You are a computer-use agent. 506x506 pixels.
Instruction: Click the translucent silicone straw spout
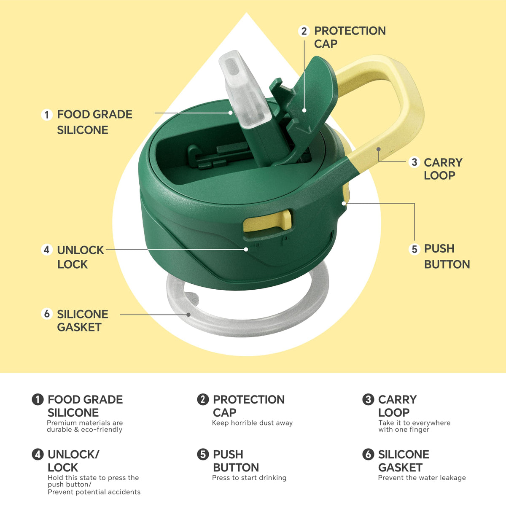[243, 89]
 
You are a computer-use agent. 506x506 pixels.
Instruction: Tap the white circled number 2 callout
[304, 31]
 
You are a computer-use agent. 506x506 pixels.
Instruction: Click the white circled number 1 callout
[47, 115]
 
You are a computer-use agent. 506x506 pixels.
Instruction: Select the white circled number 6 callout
[47, 314]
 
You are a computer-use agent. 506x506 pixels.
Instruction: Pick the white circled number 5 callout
[414, 249]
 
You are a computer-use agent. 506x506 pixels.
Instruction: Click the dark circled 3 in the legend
[368, 399]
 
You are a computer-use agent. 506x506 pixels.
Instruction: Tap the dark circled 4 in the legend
[38, 454]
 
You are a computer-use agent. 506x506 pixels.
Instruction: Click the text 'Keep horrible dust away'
[252, 423]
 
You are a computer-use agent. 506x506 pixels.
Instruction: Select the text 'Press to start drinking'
[249, 478]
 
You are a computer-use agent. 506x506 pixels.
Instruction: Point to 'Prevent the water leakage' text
[422, 478]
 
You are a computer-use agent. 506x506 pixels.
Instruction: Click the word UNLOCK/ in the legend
[73, 455]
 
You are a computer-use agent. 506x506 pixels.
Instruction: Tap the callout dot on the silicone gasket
[188, 315]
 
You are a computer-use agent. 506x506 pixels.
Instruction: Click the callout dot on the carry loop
[378, 149]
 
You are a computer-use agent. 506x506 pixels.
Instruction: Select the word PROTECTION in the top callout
[350, 31]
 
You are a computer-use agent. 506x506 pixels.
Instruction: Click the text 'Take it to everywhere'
[414, 423]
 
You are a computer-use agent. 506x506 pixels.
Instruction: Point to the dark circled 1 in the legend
[38, 399]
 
